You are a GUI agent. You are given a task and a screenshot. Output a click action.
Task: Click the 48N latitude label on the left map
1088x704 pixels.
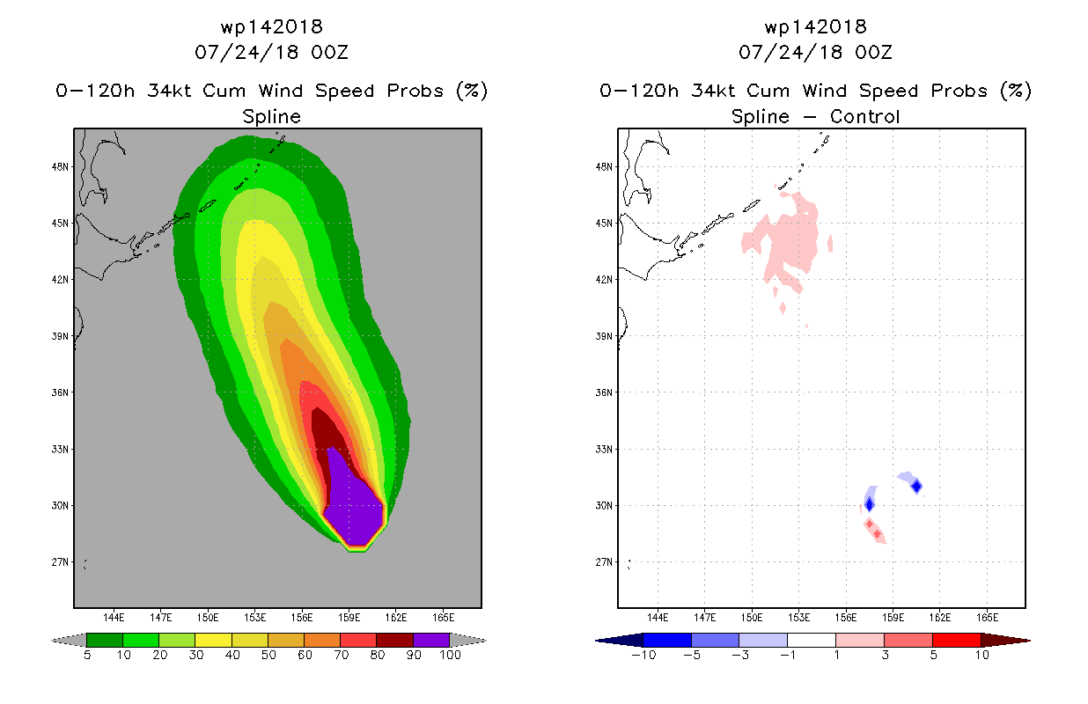pyautogui.click(x=60, y=167)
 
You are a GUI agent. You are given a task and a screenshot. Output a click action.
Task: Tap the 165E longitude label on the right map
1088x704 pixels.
pyautogui.click(x=987, y=618)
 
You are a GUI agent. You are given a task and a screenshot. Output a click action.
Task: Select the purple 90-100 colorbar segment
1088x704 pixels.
pyautogui.click(x=431, y=640)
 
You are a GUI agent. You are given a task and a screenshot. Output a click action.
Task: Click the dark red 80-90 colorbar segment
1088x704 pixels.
pyautogui.click(x=395, y=640)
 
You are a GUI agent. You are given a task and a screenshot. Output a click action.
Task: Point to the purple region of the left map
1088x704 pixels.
pyautogui.click(x=356, y=510)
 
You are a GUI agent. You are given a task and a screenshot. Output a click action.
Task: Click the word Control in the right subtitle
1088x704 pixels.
pyautogui.click(x=864, y=116)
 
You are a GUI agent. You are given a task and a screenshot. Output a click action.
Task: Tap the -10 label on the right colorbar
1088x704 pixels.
pyautogui.click(x=643, y=655)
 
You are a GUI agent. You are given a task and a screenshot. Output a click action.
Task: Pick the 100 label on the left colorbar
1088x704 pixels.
pyautogui.click(x=451, y=655)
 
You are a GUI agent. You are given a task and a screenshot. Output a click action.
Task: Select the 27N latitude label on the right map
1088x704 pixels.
pyautogui.click(x=604, y=562)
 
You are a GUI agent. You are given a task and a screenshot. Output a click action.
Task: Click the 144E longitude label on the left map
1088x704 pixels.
pyautogui.click(x=114, y=618)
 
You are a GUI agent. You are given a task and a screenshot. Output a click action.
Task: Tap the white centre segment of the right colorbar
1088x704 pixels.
pyautogui.click(x=811, y=640)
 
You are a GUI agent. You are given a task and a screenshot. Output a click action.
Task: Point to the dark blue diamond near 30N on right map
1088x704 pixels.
pyautogui.click(x=870, y=504)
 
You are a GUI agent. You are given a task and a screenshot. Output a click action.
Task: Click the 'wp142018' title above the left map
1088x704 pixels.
pyautogui.click(x=272, y=26)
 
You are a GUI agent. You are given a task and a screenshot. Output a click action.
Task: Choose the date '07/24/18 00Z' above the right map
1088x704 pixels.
pyautogui.click(x=815, y=53)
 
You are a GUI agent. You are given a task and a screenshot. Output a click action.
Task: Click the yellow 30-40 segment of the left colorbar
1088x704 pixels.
pyautogui.click(x=213, y=640)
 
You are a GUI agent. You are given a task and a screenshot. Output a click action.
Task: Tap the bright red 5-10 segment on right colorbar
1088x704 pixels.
pyautogui.click(x=956, y=640)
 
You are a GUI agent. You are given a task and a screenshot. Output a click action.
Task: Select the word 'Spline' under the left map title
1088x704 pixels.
pyautogui.click(x=272, y=117)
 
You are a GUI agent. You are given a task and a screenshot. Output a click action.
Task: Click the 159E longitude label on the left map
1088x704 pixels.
pyautogui.click(x=349, y=618)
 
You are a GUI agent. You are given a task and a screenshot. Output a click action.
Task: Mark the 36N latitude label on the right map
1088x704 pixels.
pyautogui.click(x=604, y=392)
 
